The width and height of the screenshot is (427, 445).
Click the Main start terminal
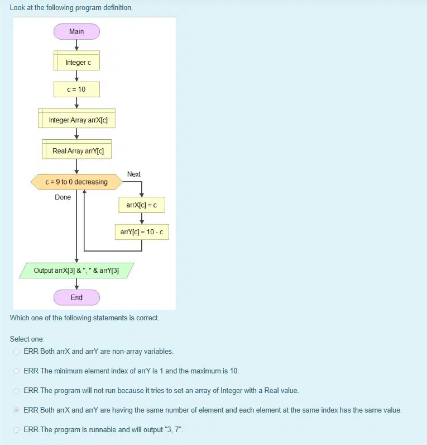(76, 31)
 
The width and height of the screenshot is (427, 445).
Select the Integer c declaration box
(76, 60)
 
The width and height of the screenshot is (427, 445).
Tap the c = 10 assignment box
(76, 89)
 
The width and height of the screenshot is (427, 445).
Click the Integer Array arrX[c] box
(76, 119)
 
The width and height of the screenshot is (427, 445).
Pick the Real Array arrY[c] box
(76, 149)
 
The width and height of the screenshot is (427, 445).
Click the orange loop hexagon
(76, 182)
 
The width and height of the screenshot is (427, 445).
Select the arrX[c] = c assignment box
(142, 205)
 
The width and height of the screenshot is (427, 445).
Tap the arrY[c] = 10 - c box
(142, 232)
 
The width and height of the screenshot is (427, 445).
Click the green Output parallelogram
(76, 271)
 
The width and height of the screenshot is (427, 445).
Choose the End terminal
(76, 297)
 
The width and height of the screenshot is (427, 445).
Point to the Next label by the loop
(134, 174)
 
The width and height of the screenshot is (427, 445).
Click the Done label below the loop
(63, 197)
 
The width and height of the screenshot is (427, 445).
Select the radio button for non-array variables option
(16, 352)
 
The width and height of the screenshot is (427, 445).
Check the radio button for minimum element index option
(16, 371)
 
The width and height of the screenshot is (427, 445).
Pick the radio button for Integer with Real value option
(16, 391)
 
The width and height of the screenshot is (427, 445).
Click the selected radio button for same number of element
(16, 410)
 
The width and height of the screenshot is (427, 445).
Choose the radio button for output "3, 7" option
(16, 430)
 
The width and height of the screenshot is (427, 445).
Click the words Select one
(27, 339)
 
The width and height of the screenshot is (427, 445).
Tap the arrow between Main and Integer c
(76, 45)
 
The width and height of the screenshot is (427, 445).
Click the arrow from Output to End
(76, 284)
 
